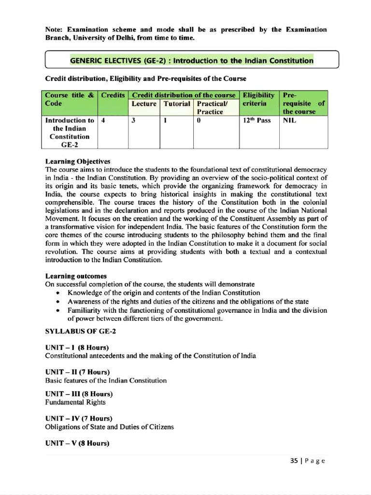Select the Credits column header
[x=113, y=95]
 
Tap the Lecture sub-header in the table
[x=144, y=104]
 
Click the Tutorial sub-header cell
[x=177, y=104]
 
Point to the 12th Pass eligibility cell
[x=257, y=120]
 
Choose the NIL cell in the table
[x=290, y=120]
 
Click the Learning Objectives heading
[x=78, y=161]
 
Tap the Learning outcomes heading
[x=76, y=276]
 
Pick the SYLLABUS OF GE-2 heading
[x=80, y=331]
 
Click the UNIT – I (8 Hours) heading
[x=77, y=348]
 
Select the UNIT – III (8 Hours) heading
[x=79, y=393]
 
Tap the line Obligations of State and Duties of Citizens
[x=109, y=427]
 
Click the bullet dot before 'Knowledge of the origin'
[x=58, y=293]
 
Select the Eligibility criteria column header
[x=259, y=99]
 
